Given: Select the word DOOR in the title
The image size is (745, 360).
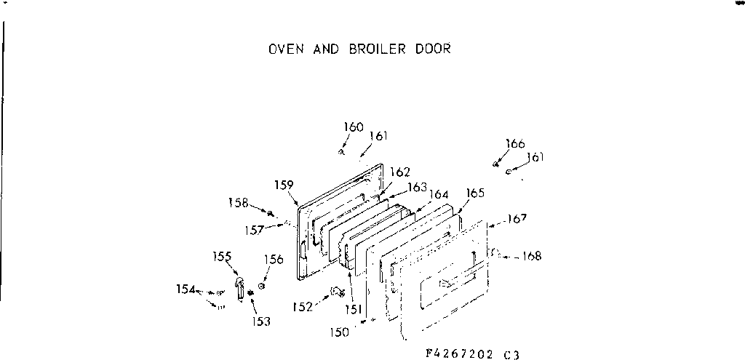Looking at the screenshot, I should (434, 49).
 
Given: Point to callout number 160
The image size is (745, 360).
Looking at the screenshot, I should (354, 127).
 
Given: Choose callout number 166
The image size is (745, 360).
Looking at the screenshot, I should (515, 143).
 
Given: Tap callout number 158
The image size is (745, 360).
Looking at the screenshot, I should (238, 202).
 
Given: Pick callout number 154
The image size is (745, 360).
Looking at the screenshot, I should (186, 289).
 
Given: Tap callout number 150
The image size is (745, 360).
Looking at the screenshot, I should (340, 332).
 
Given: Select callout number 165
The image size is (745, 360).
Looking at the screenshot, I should (475, 193).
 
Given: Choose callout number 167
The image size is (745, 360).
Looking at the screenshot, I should (518, 218).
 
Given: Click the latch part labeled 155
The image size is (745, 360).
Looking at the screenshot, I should (239, 287).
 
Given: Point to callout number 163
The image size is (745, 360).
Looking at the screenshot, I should (417, 186).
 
